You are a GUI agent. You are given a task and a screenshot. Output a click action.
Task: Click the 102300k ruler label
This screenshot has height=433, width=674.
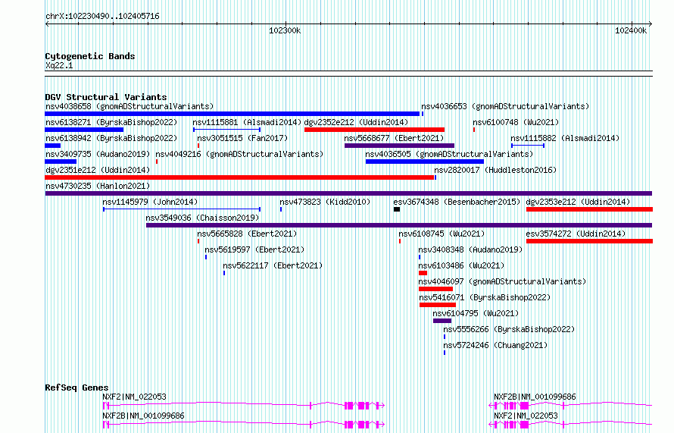(285, 30)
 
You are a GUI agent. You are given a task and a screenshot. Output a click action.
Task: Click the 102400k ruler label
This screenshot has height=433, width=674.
(631, 30)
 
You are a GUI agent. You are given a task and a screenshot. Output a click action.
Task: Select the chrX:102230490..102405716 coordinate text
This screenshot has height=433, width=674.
(102, 17)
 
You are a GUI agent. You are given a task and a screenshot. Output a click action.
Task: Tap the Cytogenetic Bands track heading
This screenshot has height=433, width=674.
(90, 56)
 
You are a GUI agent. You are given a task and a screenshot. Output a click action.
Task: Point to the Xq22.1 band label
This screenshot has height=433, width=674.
(59, 65)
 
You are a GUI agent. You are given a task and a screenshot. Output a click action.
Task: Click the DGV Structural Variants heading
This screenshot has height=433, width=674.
(106, 97)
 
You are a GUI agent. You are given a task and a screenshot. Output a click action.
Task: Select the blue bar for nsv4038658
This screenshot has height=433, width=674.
(232, 114)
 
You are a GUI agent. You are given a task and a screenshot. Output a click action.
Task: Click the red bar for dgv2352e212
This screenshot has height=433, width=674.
(374, 130)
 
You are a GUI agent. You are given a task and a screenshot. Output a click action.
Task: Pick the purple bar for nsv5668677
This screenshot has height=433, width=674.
(399, 146)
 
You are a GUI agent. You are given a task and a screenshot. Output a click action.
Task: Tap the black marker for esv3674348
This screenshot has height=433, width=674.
(397, 209)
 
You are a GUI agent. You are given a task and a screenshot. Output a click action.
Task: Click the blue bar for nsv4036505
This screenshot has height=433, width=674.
(425, 162)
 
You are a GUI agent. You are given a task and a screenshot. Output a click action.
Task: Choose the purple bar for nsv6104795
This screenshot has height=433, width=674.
(442, 321)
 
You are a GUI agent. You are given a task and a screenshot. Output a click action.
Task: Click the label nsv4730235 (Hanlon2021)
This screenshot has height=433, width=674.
(98, 186)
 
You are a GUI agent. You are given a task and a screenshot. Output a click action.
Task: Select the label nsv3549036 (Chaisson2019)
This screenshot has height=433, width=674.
(202, 218)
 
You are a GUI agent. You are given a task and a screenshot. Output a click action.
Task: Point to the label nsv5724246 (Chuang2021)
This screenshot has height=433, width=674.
(495, 345)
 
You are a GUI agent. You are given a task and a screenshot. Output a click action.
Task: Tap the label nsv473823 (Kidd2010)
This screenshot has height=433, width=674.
(325, 202)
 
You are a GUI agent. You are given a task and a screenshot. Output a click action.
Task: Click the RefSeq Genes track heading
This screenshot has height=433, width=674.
(76, 388)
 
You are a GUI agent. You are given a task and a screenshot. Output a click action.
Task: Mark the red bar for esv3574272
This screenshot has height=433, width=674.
(589, 241)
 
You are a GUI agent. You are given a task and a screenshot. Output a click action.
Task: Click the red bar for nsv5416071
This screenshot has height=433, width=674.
(438, 305)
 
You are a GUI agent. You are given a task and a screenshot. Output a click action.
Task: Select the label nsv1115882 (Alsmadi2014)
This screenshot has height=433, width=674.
(565, 138)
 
